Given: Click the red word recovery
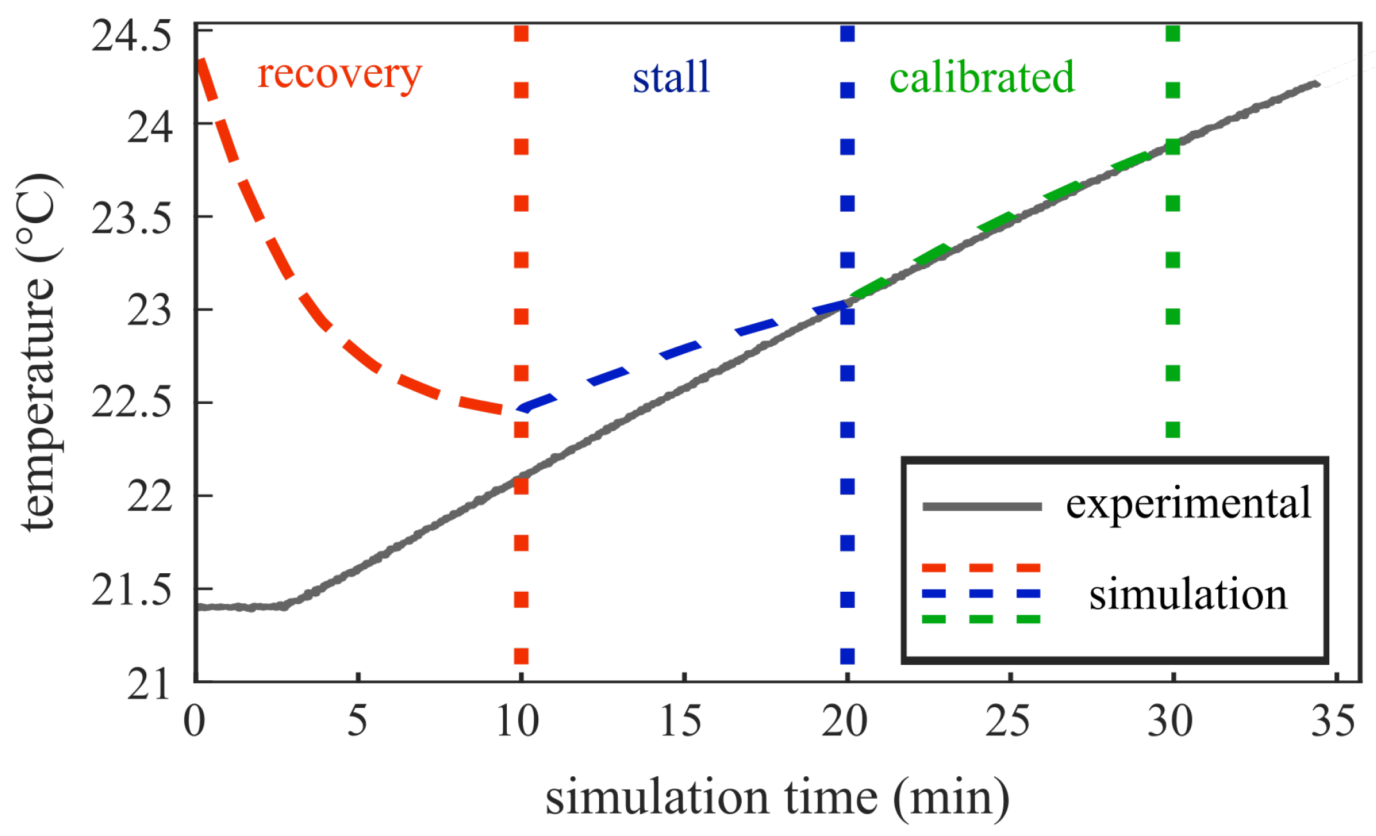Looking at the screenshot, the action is click(x=339, y=76).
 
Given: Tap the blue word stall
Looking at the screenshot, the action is click(x=671, y=77).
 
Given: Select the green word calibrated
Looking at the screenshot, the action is click(x=981, y=77).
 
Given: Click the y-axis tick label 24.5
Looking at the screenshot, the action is click(x=132, y=36).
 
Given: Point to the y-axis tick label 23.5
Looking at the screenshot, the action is click(x=132, y=219).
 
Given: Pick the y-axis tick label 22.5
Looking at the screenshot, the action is click(x=132, y=403).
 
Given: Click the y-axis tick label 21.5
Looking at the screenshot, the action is click(x=132, y=590).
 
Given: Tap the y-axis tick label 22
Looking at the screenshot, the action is click(x=149, y=496).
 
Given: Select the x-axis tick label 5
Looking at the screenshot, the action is click(x=357, y=721).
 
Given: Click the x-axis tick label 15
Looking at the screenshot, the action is click(x=681, y=721).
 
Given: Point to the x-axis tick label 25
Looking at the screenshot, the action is click(x=1007, y=721).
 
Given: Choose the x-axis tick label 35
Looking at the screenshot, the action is click(x=1333, y=721).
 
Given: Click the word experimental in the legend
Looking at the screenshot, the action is click(x=1189, y=504).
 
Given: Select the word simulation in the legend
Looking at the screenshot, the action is click(x=1188, y=594).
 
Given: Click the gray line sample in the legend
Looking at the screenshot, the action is click(x=981, y=506).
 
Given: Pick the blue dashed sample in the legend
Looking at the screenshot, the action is click(x=981, y=594).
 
